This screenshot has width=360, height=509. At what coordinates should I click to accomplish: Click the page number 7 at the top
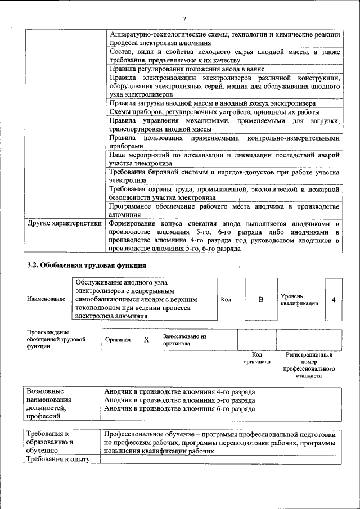coord(184,20)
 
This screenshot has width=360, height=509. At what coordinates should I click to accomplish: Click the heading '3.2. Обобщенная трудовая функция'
coord(87,265)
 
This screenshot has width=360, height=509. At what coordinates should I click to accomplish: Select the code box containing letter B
coord(260,299)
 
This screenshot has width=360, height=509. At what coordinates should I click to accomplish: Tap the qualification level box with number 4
coord(334,299)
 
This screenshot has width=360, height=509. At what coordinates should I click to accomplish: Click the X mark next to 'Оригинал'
coord(146,340)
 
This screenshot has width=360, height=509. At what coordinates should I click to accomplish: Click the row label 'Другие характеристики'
coord(65,223)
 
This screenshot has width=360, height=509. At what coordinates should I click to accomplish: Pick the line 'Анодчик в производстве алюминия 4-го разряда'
coord(179,391)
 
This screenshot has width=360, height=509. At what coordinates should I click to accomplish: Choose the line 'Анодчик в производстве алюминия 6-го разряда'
coord(179,409)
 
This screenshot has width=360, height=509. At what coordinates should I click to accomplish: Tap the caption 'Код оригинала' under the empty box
coord(256,358)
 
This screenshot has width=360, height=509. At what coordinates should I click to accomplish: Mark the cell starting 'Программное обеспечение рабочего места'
coord(224,210)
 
